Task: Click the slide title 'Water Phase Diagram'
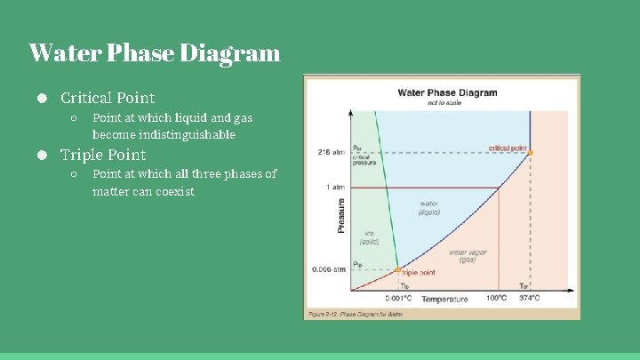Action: pyautogui.click(x=154, y=53)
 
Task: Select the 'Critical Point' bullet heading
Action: pyautogui.click(x=108, y=98)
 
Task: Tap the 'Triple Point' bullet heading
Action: pyautogui.click(x=103, y=155)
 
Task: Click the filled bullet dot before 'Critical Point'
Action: pyautogui.click(x=42, y=98)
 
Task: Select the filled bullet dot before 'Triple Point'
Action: pyautogui.click(x=42, y=155)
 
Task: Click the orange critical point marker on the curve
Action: pyautogui.click(x=530, y=154)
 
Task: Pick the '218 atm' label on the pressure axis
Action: pyautogui.click(x=332, y=153)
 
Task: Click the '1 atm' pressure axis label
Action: pyautogui.click(x=335, y=188)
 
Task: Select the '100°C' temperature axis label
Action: pyautogui.click(x=497, y=298)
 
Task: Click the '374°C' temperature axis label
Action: pyautogui.click(x=530, y=298)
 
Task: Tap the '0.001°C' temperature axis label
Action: pyautogui.click(x=397, y=299)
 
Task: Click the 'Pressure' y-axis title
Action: pyautogui.click(x=342, y=215)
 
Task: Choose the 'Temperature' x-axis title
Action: pyautogui.click(x=444, y=300)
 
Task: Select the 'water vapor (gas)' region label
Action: pyautogui.click(x=468, y=256)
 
